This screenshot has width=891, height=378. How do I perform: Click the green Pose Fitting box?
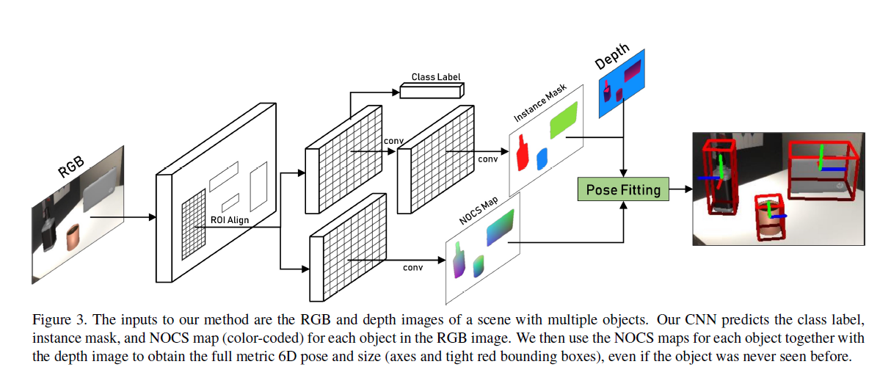pyautogui.click(x=623, y=190)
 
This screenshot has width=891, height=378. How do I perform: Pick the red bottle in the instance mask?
pyautogui.click(x=523, y=153)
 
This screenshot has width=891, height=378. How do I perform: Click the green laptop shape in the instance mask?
pyautogui.click(x=564, y=119)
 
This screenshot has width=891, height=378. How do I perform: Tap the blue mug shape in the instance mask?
pyautogui.click(x=542, y=159)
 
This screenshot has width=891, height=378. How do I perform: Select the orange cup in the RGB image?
pyautogui.click(x=73, y=239)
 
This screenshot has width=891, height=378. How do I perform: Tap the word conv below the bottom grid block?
pyautogui.click(x=412, y=267)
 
